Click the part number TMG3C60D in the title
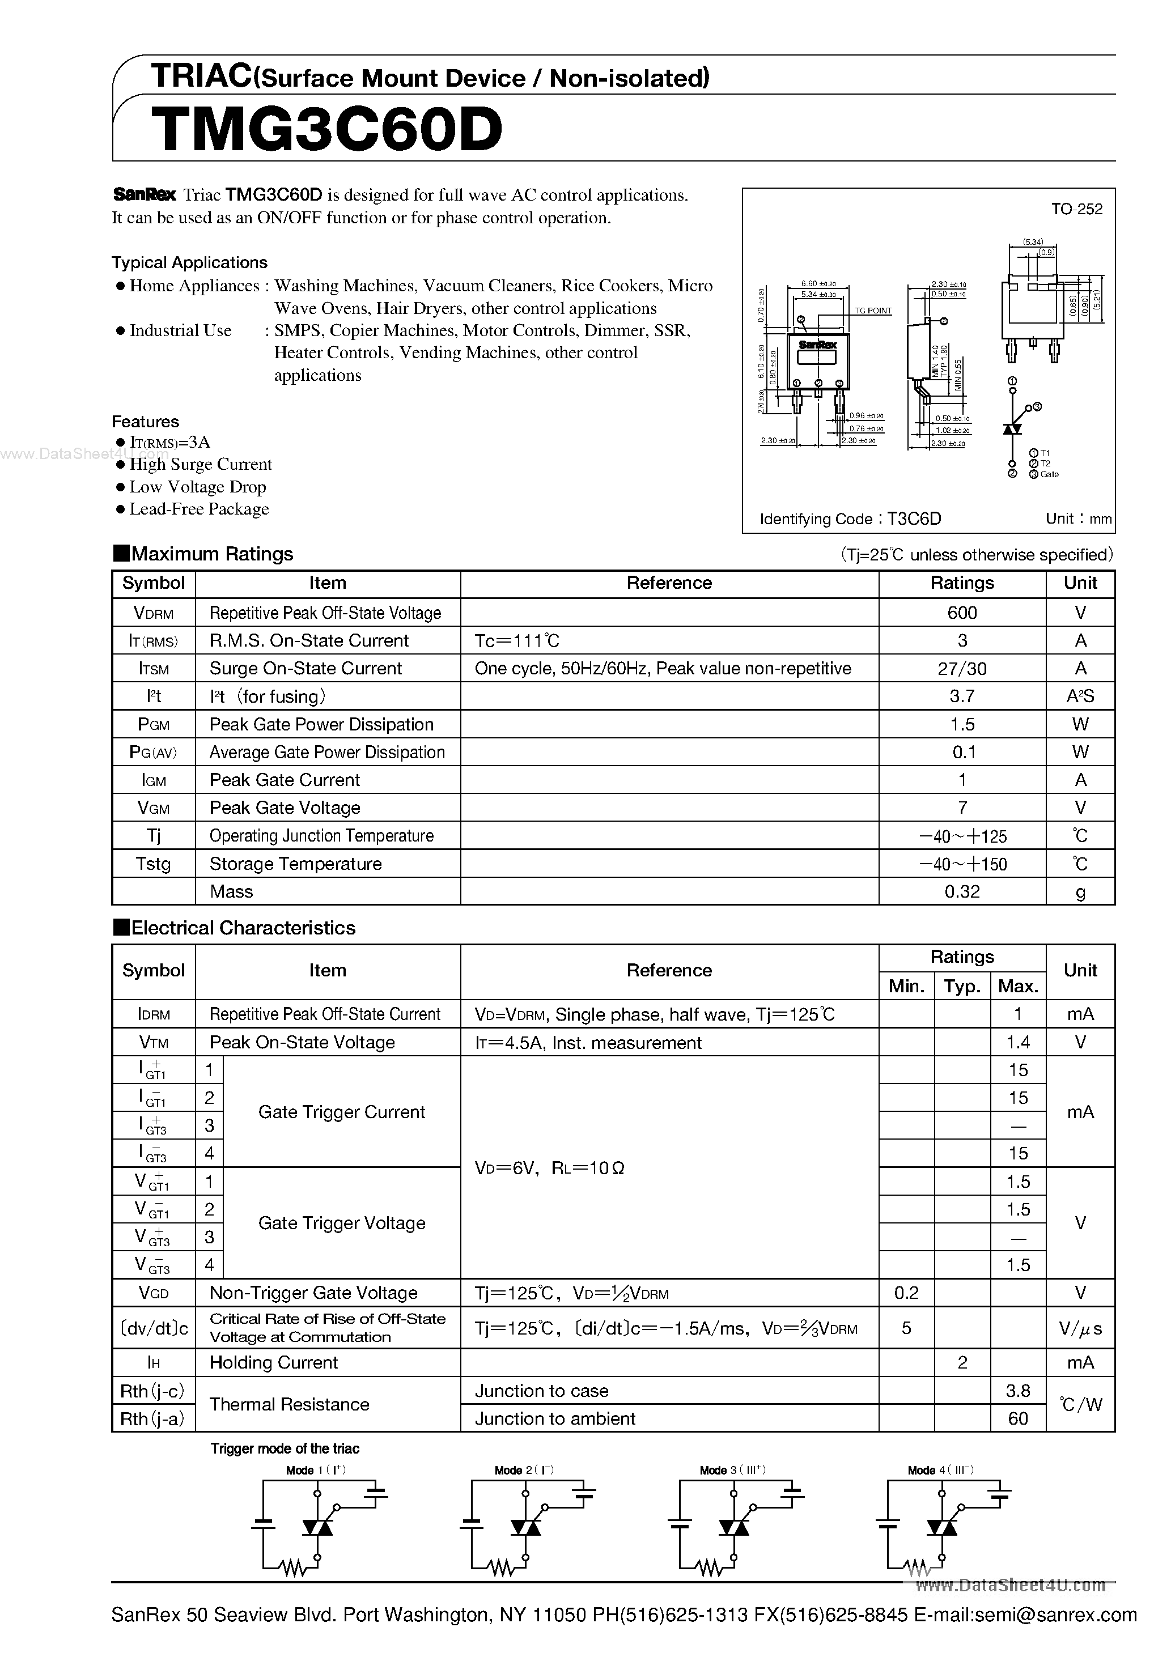(x=326, y=130)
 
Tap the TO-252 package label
(x=1076, y=209)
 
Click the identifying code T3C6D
(x=914, y=519)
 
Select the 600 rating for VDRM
(x=962, y=613)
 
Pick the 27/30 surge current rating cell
(x=962, y=668)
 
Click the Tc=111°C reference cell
(x=517, y=641)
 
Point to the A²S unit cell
(x=1080, y=696)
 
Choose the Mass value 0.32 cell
(x=962, y=892)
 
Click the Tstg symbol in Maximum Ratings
(x=153, y=864)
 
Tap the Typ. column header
(x=962, y=987)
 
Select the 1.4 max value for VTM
(x=1018, y=1043)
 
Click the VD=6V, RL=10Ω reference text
(x=549, y=1169)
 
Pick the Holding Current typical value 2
(x=962, y=1362)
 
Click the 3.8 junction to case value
(x=1018, y=1391)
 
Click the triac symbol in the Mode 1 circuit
(x=317, y=1527)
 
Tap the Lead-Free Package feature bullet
(x=198, y=509)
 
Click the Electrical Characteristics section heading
(x=243, y=928)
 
